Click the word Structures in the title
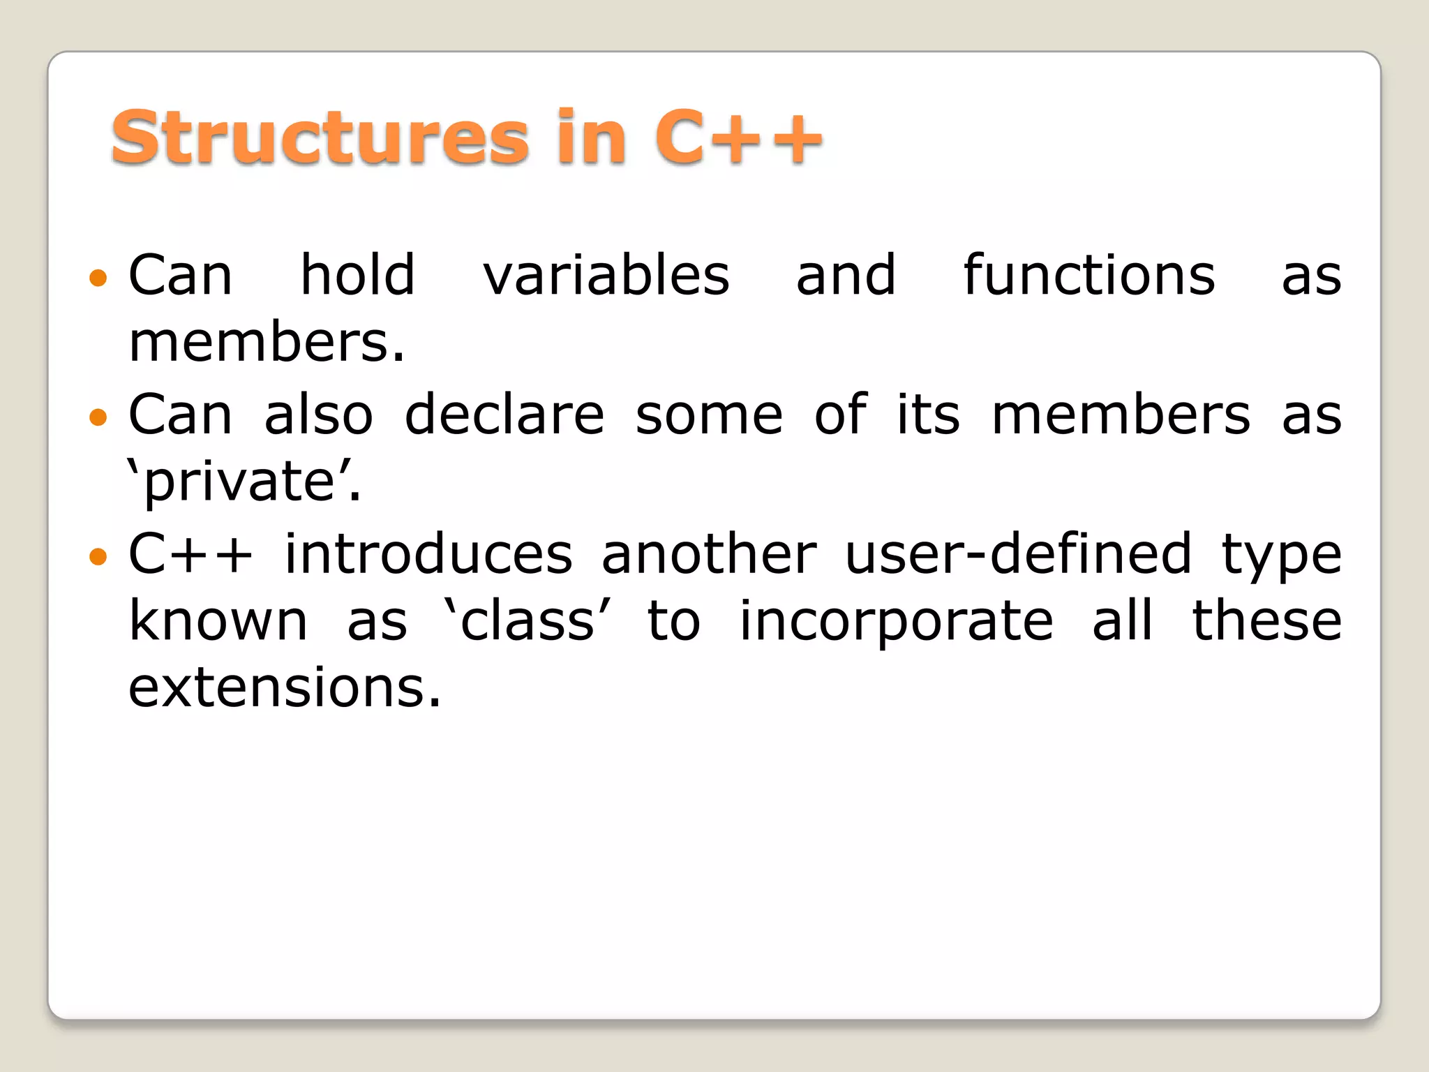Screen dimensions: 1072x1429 (320, 137)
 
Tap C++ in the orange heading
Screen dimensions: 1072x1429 (738, 137)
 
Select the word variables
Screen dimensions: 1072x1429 (606, 276)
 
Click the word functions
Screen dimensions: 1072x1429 (1089, 276)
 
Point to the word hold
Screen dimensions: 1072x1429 (357, 276)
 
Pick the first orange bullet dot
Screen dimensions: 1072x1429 (98, 278)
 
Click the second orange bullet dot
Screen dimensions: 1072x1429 (98, 417)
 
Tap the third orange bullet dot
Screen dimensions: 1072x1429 (98, 556)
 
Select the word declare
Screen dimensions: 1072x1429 (504, 415)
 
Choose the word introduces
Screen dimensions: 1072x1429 (428, 554)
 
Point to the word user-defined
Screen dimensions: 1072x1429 (1018, 554)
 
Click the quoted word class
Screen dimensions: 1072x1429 (528, 621)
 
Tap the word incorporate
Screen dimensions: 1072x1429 (896, 621)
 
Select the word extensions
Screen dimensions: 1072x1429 (285, 687)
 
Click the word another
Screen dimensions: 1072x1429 (709, 554)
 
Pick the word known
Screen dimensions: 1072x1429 (218, 621)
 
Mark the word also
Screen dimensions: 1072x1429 (318, 415)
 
